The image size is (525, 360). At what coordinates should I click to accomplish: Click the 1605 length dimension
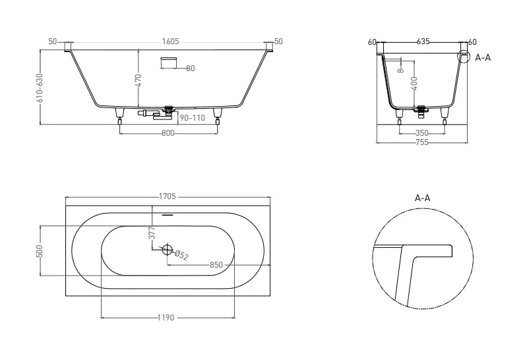170,42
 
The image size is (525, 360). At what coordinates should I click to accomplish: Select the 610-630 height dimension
40,88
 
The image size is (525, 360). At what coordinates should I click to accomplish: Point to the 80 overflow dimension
190,69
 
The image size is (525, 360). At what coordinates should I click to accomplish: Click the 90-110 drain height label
192,118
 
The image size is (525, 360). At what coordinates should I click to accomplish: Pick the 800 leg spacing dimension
168,133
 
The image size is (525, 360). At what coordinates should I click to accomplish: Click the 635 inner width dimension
423,42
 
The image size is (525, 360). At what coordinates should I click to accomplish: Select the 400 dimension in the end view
414,83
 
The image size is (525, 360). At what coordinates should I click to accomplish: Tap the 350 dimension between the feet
422,133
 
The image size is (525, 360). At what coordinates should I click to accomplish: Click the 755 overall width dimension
422,142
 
